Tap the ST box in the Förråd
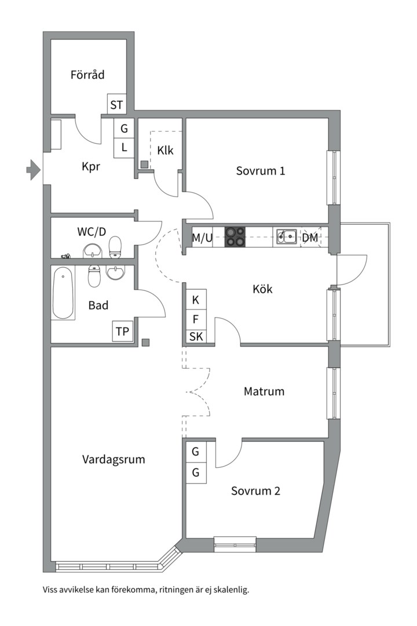point(117,105)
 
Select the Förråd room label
point(87,75)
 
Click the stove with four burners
point(235,236)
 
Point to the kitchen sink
point(286,236)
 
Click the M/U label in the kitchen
point(202,237)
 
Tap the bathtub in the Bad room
point(63,293)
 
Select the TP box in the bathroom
point(123,332)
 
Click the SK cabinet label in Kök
point(196,336)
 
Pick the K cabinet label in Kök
point(196,300)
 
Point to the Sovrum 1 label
point(261,171)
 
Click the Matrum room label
point(264,391)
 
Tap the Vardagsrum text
point(114,460)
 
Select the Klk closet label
point(165,151)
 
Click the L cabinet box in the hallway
point(124,147)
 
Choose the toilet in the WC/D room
point(116,247)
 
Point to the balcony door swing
point(351,270)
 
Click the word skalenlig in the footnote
point(229,590)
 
